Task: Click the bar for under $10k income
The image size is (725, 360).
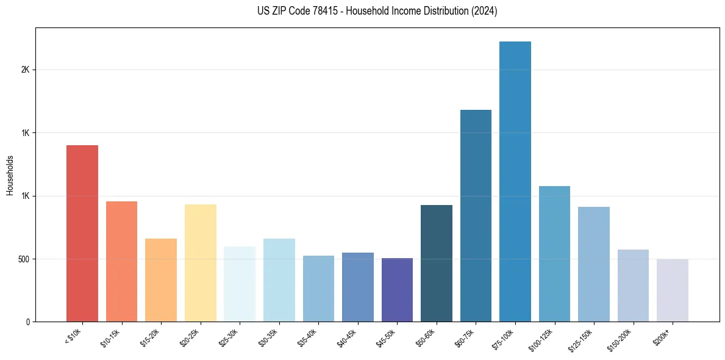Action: pyautogui.click(x=82, y=233)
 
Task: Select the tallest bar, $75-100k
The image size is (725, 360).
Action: pyautogui.click(x=515, y=181)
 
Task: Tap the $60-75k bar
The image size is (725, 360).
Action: pyautogui.click(x=476, y=215)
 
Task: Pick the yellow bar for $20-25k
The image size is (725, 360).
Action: pyautogui.click(x=200, y=263)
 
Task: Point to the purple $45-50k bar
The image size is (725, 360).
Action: pyautogui.click(x=397, y=290)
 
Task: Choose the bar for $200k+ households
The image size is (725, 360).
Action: pyautogui.click(x=672, y=290)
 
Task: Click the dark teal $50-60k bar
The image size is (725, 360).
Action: pyautogui.click(x=437, y=263)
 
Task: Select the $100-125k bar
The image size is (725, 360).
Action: pyautogui.click(x=554, y=254)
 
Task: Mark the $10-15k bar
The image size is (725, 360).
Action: pyautogui.click(x=121, y=261)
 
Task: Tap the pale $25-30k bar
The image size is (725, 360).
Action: pyautogui.click(x=240, y=284)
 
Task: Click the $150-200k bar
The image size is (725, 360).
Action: pyautogui.click(x=633, y=286)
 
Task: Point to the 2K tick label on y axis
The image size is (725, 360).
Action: pyautogui.click(x=25, y=70)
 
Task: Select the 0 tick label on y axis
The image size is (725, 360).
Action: pyautogui.click(x=27, y=322)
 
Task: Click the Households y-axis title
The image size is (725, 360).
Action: pyautogui.click(x=10, y=175)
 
